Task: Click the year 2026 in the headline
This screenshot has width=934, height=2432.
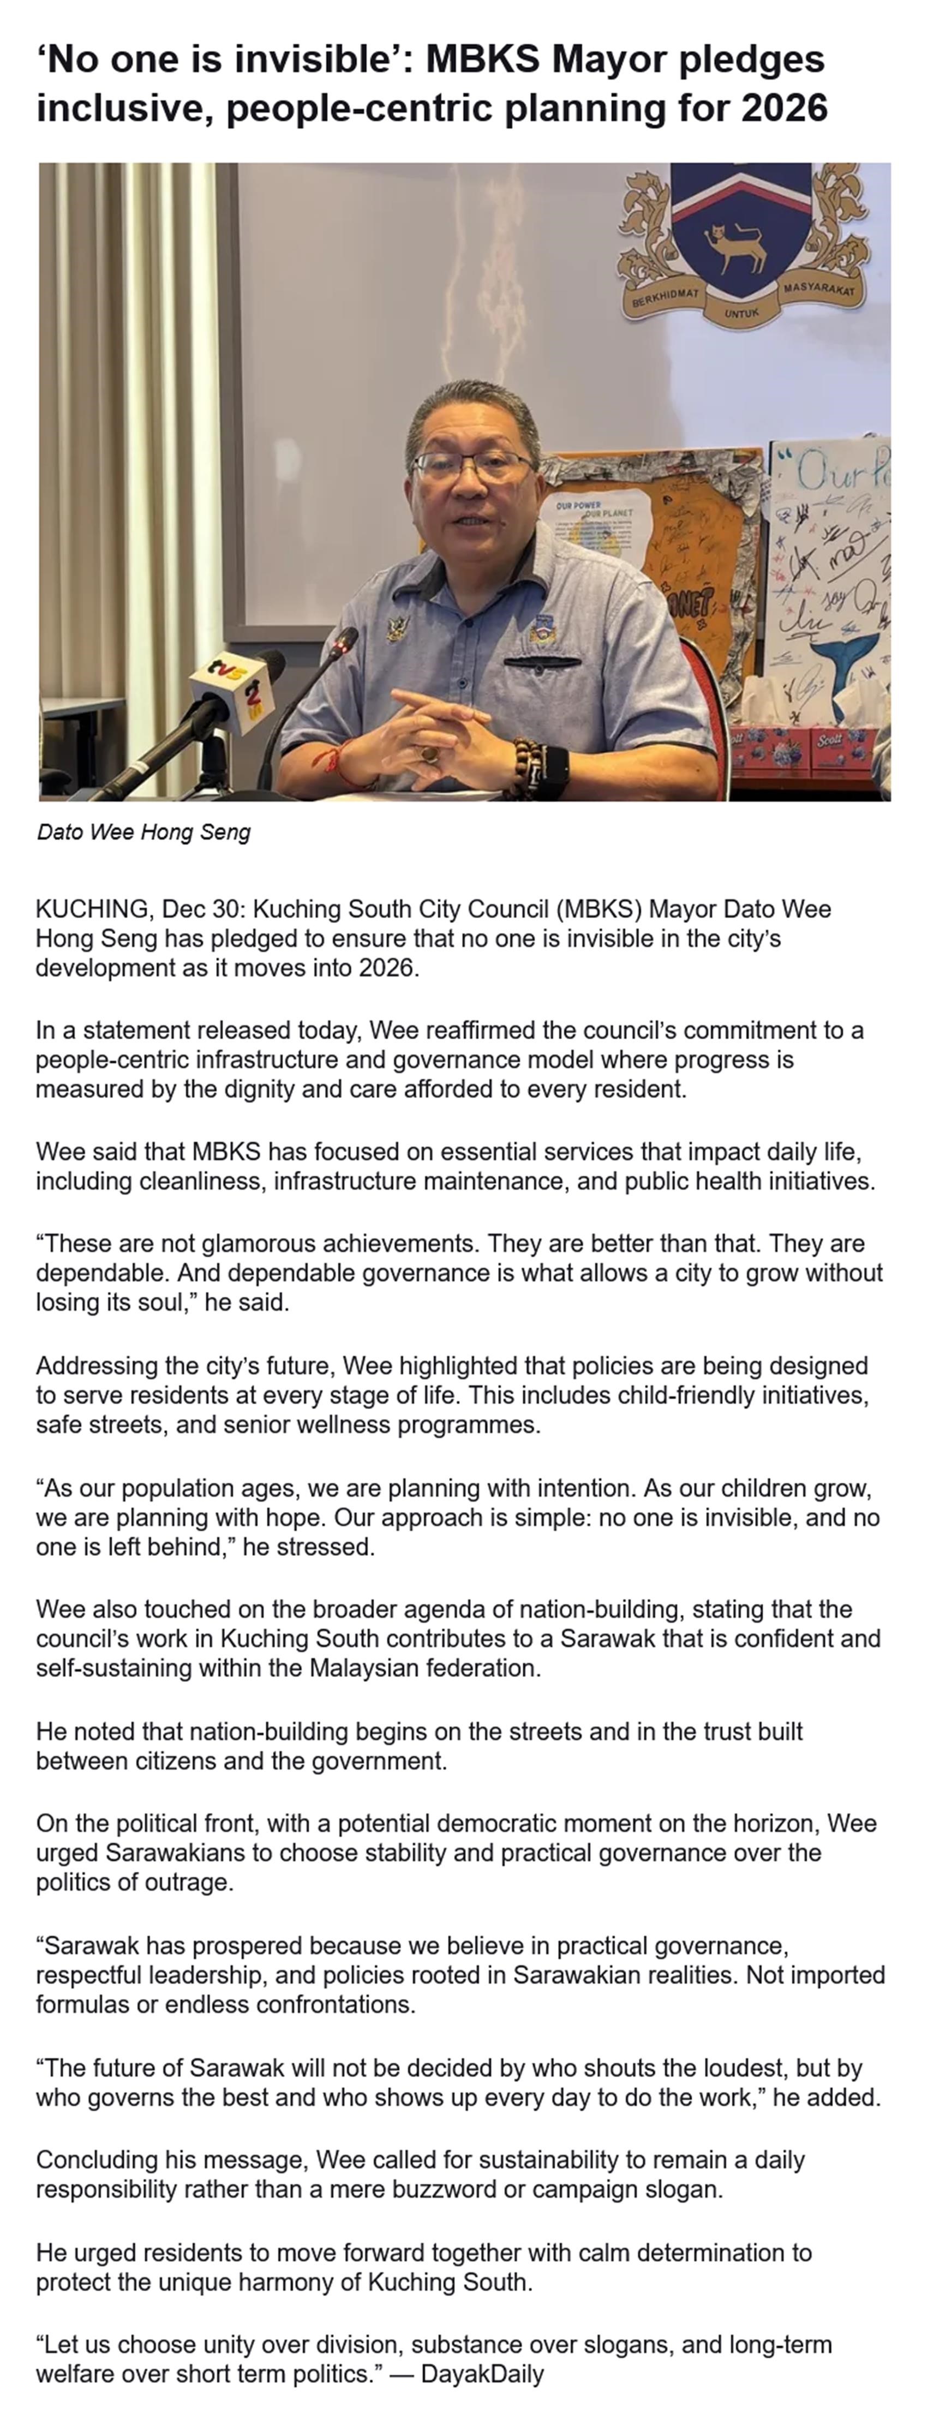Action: tap(784, 109)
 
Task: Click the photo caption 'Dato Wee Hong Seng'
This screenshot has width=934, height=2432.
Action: tap(143, 832)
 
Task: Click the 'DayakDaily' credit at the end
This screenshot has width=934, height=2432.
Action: tap(483, 2374)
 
